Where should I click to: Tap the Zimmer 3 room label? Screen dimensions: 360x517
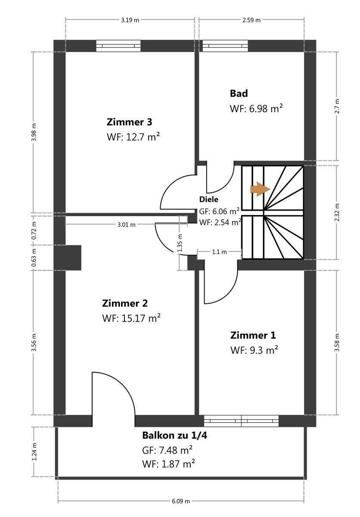[x=129, y=122]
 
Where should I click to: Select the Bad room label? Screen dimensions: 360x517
[x=239, y=93]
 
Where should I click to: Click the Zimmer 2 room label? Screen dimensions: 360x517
[x=125, y=303]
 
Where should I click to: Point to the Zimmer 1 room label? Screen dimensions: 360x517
[x=253, y=335]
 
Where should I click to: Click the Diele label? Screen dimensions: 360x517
[x=209, y=199]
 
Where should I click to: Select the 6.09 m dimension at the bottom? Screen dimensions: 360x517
[x=180, y=501]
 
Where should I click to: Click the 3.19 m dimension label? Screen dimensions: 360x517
[x=130, y=20]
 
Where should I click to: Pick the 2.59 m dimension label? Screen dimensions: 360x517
[x=251, y=20]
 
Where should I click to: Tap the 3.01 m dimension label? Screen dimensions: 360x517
[x=127, y=224]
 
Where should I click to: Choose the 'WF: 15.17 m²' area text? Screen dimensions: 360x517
[x=131, y=318]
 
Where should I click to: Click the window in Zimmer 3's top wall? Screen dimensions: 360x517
[x=118, y=46]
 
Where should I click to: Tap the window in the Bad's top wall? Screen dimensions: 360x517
[x=225, y=46]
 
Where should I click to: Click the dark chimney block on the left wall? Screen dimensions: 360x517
[x=68, y=258]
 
